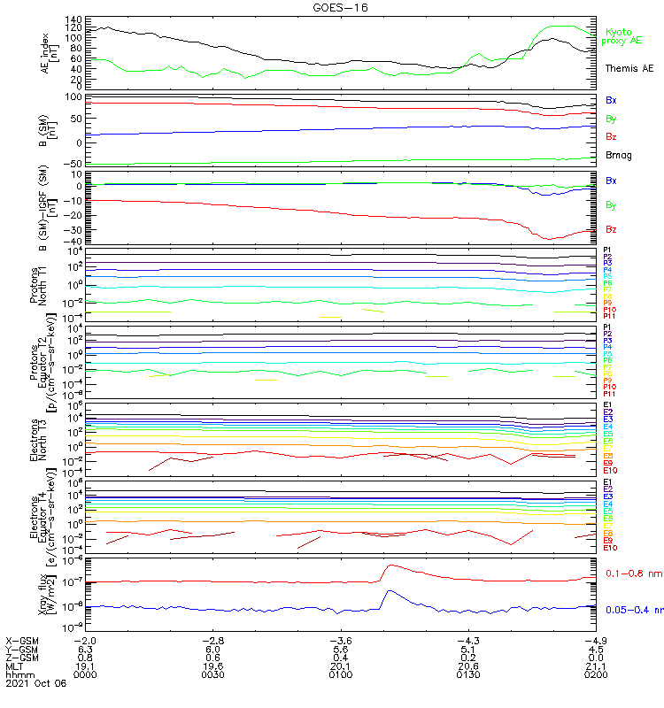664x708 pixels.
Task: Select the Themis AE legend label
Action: tap(628, 68)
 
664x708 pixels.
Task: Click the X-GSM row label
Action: tap(21, 640)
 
